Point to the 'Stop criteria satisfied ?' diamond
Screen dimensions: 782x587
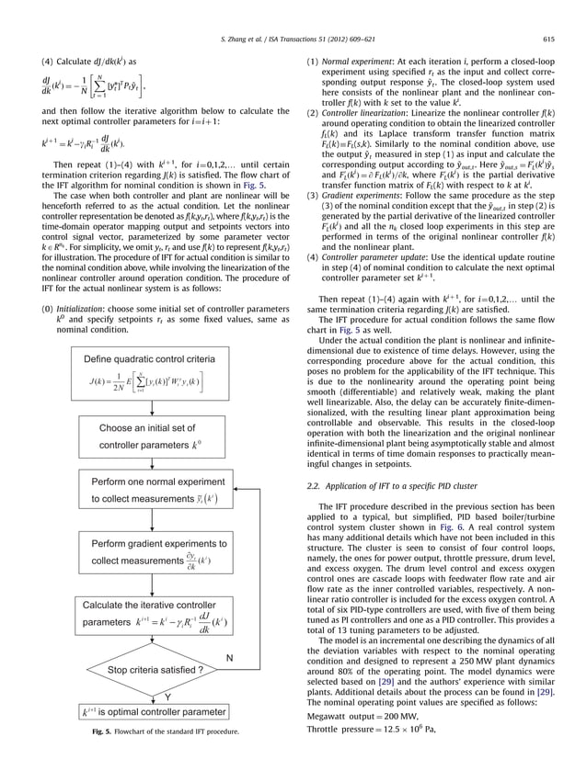(x=154, y=697)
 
